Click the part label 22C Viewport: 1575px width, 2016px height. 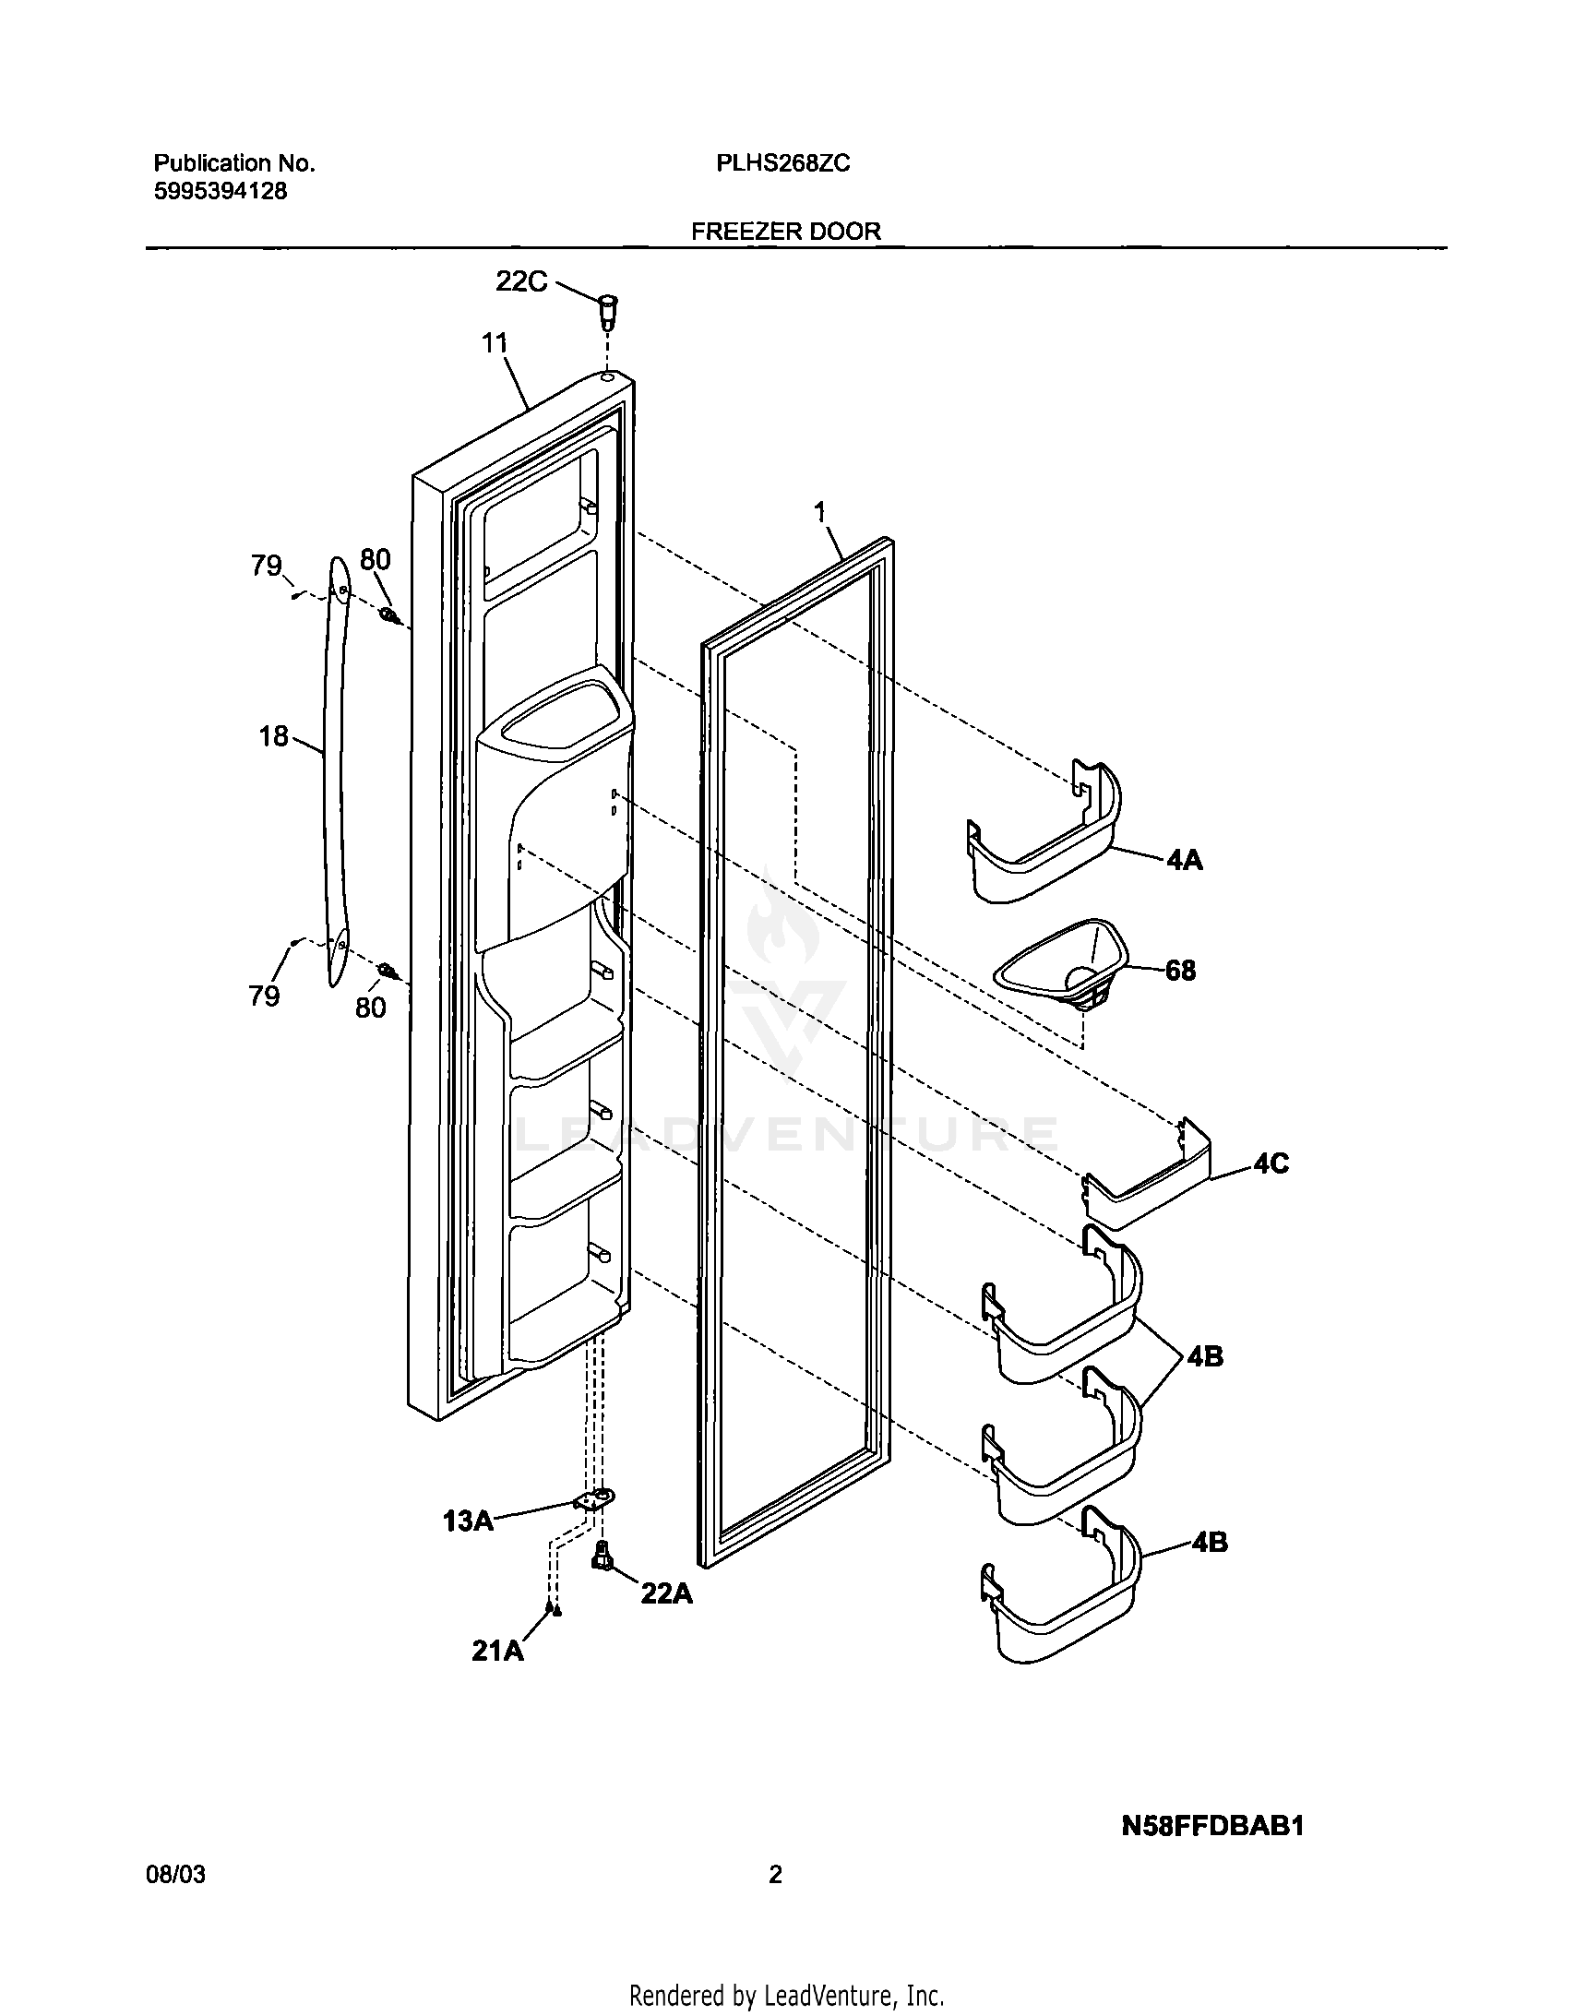pyautogui.click(x=521, y=280)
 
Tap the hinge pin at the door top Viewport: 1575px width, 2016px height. pyautogui.click(x=608, y=314)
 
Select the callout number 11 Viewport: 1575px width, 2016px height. pyautogui.click(x=495, y=343)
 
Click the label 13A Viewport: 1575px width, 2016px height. pyautogui.click(x=468, y=1521)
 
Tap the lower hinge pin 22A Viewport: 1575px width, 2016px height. pyautogui.click(x=603, y=1556)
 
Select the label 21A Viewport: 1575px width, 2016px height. pyautogui.click(x=497, y=1651)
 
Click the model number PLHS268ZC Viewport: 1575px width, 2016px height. pyautogui.click(x=782, y=163)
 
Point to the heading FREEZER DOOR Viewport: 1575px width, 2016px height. pyautogui.click(x=785, y=231)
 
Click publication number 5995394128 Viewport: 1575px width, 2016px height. pyautogui.click(x=220, y=191)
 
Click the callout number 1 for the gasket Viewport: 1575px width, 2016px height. pyautogui.click(x=820, y=512)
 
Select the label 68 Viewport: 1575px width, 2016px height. pyautogui.click(x=1180, y=970)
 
